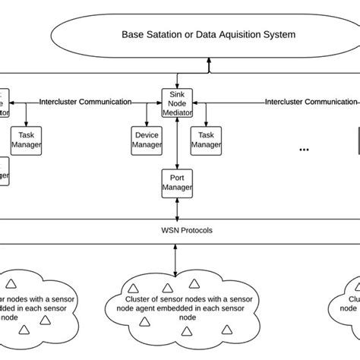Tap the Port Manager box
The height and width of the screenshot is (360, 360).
click(x=176, y=182)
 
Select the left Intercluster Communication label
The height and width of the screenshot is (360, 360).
click(x=85, y=101)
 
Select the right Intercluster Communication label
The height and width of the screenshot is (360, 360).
click(x=311, y=101)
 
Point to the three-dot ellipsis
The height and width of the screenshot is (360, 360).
click(x=304, y=150)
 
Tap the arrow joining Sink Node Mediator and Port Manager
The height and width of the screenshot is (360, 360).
click(x=176, y=144)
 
